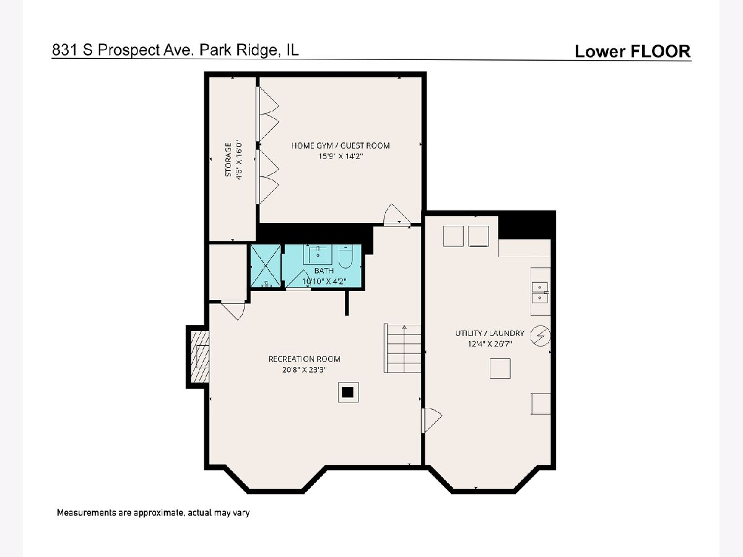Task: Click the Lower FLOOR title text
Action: (633, 51)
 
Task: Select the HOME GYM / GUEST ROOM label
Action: (341, 146)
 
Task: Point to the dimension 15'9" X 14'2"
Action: (341, 156)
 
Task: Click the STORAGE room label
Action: (228, 160)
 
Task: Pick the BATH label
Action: (324, 270)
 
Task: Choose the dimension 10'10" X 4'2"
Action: (324, 281)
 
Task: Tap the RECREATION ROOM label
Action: (304, 359)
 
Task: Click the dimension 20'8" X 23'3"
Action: (304, 369)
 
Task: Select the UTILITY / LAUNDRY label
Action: (490, 333)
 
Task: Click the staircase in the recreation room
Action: (402, 348)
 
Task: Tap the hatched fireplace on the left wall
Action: (200, 357)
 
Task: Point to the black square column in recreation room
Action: (347, 392)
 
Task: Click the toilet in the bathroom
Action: (345, 256)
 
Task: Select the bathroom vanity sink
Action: (318, 254)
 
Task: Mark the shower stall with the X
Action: (266, 266)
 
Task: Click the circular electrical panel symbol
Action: (541, 336)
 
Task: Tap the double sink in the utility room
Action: (541, 293)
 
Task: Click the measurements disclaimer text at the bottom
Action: (153, 512)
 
